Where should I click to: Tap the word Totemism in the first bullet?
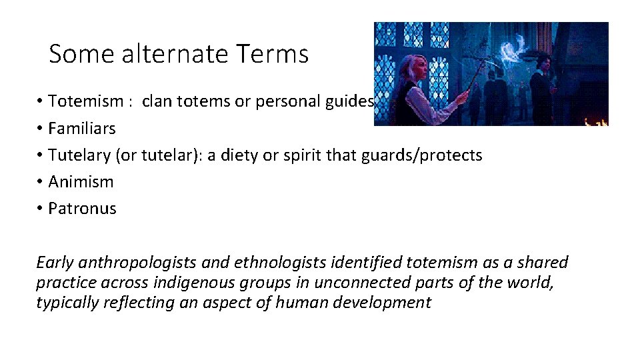point(86,101)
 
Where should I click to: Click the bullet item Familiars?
point(81,128)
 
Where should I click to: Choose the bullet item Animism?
point(81,181)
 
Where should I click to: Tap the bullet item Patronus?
point(82,208)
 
